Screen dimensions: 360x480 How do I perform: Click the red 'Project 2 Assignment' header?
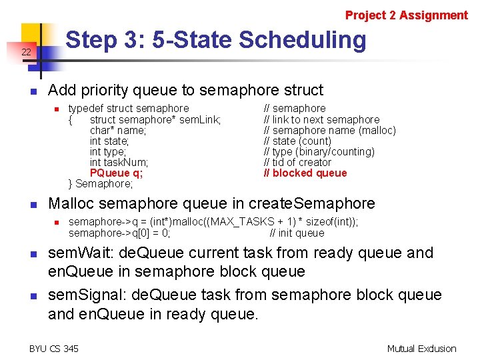pos(406,15)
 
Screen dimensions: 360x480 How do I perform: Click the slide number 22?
pos(26,52)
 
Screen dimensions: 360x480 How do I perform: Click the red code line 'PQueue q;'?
pos(116,173)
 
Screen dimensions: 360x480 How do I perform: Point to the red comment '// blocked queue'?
pos(305,173)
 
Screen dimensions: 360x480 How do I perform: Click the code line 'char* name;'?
pos(117,130)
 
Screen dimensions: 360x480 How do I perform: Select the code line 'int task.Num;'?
pos(119,162)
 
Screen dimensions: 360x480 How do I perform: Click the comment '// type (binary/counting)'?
pos(319,151)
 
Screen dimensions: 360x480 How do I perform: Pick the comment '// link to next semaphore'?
pos(321,119)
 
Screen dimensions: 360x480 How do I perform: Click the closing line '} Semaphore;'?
pos(101,183)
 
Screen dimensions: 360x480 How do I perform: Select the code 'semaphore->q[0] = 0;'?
pos(119,233)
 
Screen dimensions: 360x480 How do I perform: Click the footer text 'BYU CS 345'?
pos(54,348)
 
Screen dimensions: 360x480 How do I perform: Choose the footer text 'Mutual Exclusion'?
pos(421,348)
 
